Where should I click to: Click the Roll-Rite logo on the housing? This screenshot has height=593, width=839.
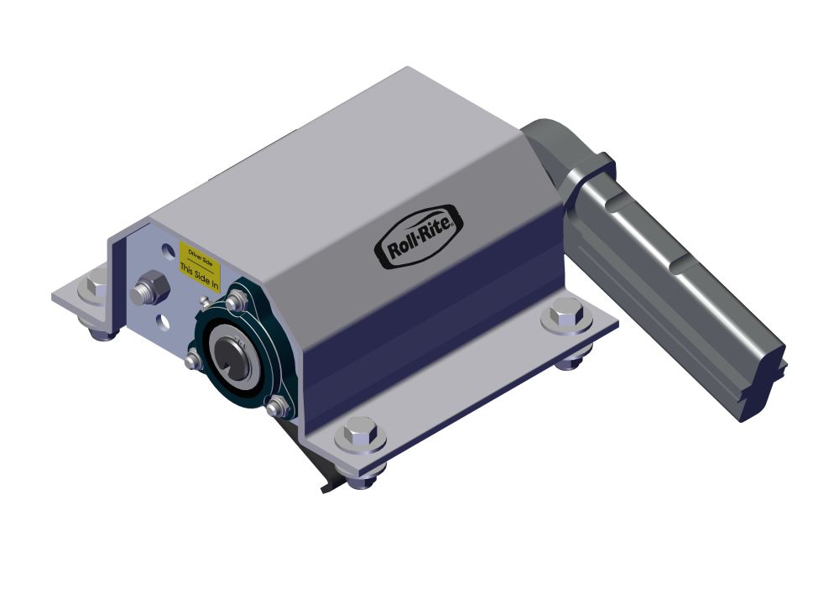tap(417, 237)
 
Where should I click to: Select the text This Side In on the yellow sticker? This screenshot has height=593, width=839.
tap(200, 277)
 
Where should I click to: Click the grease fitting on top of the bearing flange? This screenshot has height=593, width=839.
tap(204, 299)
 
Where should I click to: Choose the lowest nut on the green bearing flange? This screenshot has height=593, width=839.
tap(279, 407)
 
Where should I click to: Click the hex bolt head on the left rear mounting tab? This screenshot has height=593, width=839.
tap(91, 287)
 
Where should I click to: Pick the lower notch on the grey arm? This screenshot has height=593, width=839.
tap(681, 267)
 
